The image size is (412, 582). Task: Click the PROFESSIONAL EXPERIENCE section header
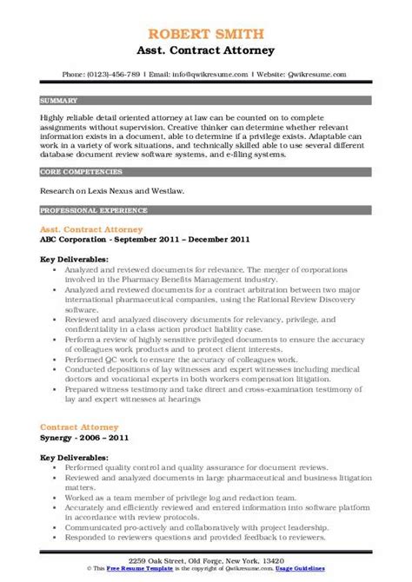(x=90, y=210)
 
